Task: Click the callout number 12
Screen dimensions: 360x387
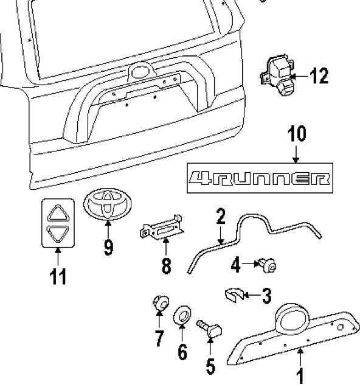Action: coord(319,76)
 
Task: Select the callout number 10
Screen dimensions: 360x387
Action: coord(297,133)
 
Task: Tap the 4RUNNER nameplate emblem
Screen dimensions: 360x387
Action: coord(260,178)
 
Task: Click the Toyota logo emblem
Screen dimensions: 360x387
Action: coord(107,203)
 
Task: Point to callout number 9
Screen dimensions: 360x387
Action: coord(108,247)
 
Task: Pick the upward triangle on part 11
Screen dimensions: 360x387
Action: coord(58,213)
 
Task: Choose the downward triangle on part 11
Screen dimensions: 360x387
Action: coord(58,233)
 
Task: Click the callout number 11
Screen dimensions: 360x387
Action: coord(58,276)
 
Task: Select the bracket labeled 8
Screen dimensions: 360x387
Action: coord(162,227)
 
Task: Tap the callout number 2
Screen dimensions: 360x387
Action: coord(221,216)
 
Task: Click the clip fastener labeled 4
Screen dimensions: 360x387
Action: coord(268,265)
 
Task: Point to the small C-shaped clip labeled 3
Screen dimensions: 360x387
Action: coord(234,295)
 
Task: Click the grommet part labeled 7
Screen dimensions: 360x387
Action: coord(161,303)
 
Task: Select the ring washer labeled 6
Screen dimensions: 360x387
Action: coord(182,315)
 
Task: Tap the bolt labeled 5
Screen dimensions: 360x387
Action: coord(209,328)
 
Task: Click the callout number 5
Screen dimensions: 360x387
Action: coord(210,366)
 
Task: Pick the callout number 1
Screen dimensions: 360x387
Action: coord(300,377)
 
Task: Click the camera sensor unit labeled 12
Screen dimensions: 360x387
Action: coord(277,75)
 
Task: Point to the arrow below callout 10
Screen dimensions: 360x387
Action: coord(296,155)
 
